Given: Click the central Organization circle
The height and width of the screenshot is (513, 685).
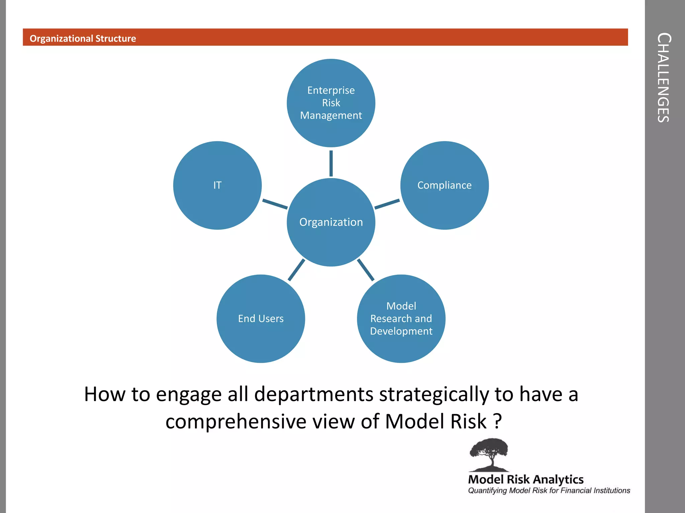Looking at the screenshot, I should tap(331, 222).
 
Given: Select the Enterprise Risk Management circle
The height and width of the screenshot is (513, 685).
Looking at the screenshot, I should tap(331, 103).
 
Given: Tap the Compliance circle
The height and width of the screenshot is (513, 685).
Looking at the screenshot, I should tap(444, 185).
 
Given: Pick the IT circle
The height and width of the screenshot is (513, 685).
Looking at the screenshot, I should tap(217, 185).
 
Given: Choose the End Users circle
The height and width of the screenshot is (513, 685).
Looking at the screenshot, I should tap(261, 319).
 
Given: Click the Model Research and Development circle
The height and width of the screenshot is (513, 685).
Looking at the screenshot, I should tap(401, 319).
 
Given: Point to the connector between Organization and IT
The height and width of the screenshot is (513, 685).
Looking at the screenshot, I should tap(275, 204).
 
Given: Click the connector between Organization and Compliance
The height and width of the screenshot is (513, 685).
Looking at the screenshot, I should tap(387, 204).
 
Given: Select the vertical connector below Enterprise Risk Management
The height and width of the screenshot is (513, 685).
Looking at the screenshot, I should tap(331, 163).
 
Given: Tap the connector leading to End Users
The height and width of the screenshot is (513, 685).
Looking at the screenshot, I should tap(296, 270).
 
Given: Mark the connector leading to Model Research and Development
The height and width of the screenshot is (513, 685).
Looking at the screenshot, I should tap(366, 270).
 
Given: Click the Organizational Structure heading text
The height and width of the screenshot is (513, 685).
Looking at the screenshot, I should tap(83, 38).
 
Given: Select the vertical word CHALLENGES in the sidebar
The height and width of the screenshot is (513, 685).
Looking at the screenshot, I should tap(664, 77).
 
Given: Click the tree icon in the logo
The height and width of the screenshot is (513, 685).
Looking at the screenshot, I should tap(489, 454).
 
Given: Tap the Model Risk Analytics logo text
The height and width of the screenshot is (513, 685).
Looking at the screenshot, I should tap(525, 479).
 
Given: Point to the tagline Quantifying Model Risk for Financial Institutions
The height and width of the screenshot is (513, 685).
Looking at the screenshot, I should tap(549, 490).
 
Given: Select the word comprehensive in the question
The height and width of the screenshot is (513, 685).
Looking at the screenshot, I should tap(236, 421).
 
